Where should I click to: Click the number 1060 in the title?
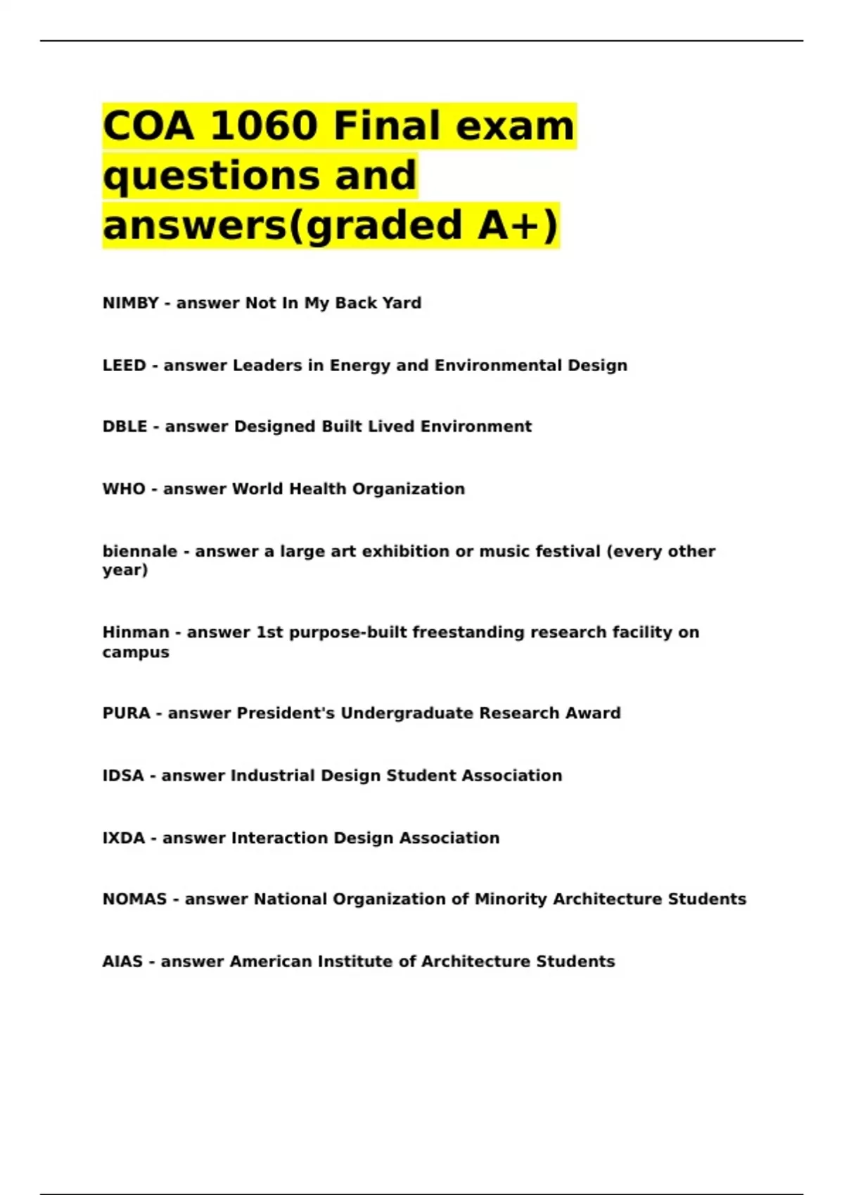coord(263,126)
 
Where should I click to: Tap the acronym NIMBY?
coord(130,303)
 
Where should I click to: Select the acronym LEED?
coord(124,366)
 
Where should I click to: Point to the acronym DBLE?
coord(124,427)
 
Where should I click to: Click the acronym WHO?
coord(124,489)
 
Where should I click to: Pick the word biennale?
coord(139,551)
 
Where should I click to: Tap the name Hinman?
coord(136,632)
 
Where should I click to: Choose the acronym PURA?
coord(127,713)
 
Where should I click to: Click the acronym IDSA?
coord(123,775)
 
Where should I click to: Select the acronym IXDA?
coord(124,838)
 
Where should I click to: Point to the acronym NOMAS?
coord(134,899)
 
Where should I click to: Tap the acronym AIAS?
coord(122,961)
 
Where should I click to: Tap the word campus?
coord(136,652)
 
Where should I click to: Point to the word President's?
coord(286,713)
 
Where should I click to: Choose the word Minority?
coord(511,899)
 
